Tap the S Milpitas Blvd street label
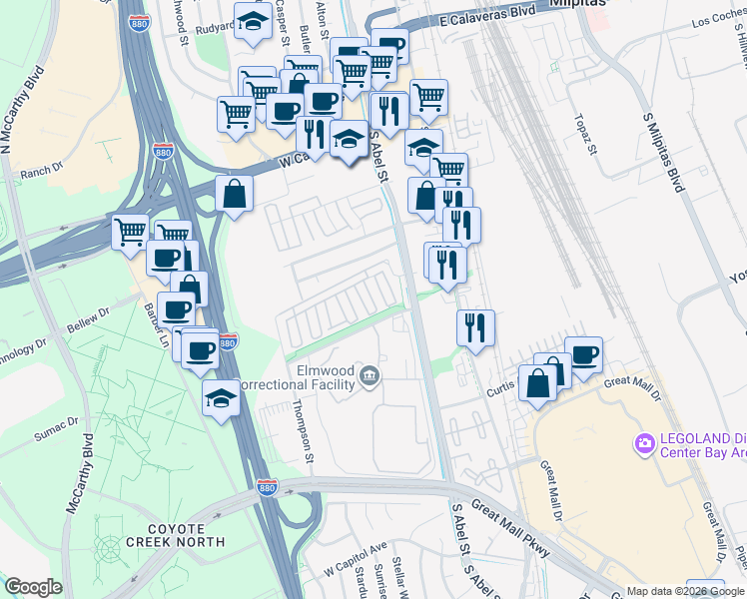pyautogui.click(x=666, y=153)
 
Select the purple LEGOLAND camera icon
pyautogui.click(x=645, y=441)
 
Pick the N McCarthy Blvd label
pyautogui.click(x=20, y=110)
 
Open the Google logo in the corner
pyautogui.click(x=33, y=587)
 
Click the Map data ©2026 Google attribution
pyautogui.click(x=684, y=591)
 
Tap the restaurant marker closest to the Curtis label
pyautogui.click(x=475, y=327)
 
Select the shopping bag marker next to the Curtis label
pyautogui.click(x=537, y=382)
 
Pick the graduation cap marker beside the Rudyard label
pyautogui.click(x=253, y=21)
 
